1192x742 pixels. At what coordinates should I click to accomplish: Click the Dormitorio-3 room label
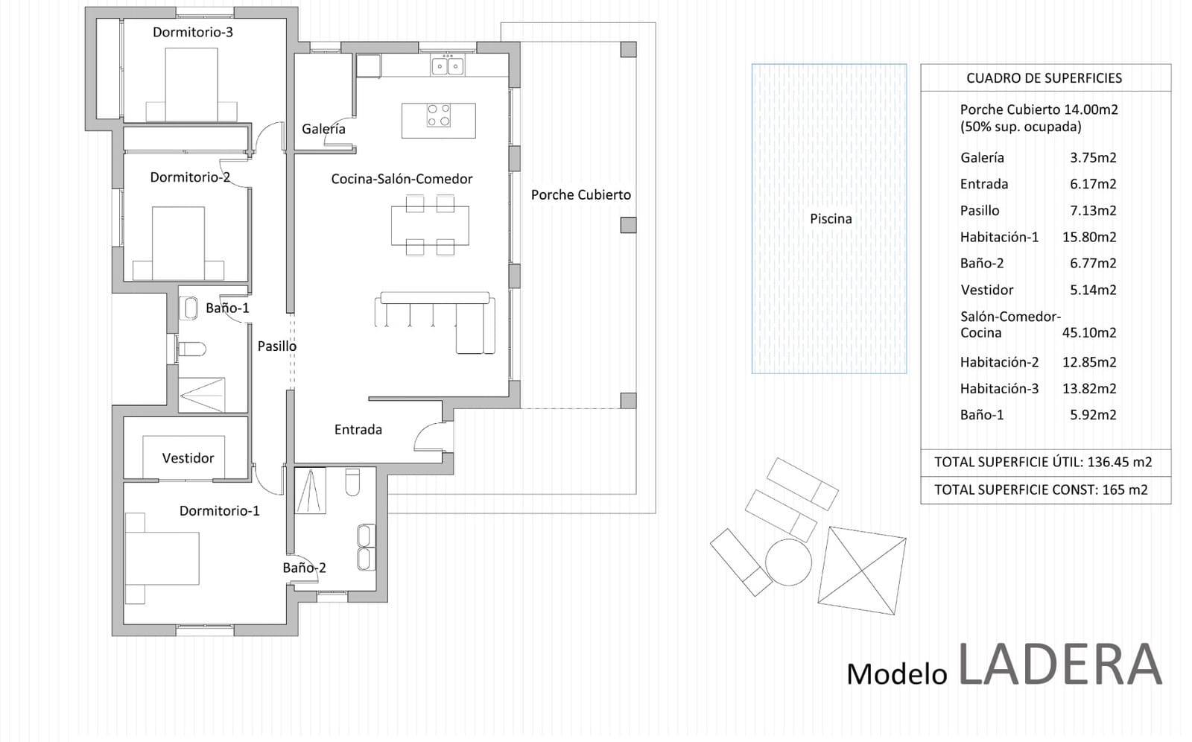193,32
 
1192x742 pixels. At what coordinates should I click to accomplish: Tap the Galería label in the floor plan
323,129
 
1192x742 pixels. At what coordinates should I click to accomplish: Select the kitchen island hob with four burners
439,115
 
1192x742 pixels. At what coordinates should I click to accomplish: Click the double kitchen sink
448,66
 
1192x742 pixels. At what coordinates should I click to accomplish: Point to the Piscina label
831,219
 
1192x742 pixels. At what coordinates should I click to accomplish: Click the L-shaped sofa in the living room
435,322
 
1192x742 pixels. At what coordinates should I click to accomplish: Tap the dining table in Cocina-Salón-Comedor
430,226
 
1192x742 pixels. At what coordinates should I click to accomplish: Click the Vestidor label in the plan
188,457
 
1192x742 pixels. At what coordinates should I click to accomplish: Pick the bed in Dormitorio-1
162,559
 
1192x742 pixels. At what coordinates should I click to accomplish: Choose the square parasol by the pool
862,570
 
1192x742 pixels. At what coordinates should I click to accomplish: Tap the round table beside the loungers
788,562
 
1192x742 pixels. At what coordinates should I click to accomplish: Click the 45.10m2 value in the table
1089,333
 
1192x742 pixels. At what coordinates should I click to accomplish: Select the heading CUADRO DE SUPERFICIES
1044,78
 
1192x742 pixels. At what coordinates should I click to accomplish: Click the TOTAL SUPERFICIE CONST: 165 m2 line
1041,489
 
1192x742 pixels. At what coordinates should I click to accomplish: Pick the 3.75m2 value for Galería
1093,157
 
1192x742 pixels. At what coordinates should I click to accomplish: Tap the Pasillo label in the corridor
276,346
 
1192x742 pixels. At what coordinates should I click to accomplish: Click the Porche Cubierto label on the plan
580,195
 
